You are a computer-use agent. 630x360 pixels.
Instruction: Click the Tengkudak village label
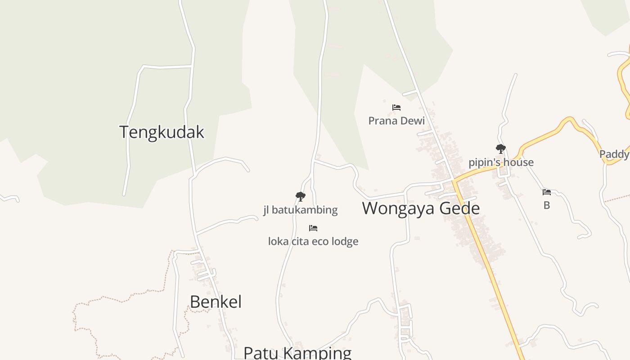[x=162, y=132]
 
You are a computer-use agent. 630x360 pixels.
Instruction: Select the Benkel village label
[x=216, y=301]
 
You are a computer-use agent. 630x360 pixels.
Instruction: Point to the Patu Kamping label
[x=297, y=353]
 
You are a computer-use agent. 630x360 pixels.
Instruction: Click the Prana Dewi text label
[x=396, y=121]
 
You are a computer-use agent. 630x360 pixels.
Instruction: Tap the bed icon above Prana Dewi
[x=396, y=108]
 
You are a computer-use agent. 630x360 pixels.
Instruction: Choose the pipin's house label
[x=501, y=162]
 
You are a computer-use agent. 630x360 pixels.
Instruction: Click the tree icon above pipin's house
[x=500, y=149]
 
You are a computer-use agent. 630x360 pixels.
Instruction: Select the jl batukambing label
[x=300, y=210]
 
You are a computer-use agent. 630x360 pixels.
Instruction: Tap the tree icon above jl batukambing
[x=300, y=197]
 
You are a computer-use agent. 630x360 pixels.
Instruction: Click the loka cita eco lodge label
[x=313, y=241]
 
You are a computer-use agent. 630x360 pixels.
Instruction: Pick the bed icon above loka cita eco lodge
[x=313, y=228]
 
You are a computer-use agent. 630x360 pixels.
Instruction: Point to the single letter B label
[x=547, y=206]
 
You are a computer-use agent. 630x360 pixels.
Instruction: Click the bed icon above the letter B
[x=547, y=192]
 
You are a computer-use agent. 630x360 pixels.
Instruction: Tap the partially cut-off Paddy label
[x=615, y=154]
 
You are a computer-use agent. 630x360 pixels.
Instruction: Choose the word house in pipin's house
[x=518, y=162]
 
